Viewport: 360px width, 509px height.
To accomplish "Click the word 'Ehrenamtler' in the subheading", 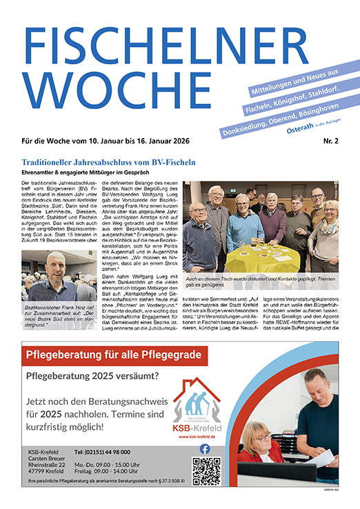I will coord(39,172).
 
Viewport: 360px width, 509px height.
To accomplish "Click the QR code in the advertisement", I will coord(206,470).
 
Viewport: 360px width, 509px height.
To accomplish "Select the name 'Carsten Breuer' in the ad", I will coord(47,459).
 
